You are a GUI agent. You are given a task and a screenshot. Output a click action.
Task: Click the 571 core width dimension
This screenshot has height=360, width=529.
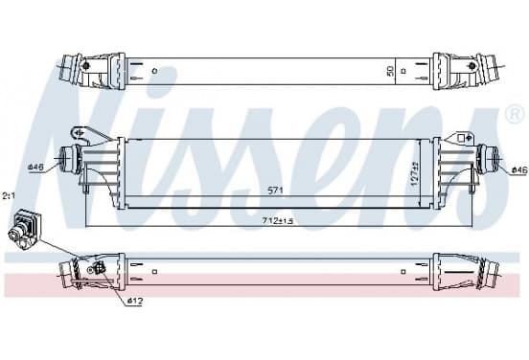pyautogui.click(x=275, y=191)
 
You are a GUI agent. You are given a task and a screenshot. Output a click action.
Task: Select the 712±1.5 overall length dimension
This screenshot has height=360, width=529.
pyautogui.click(x=277, y=221)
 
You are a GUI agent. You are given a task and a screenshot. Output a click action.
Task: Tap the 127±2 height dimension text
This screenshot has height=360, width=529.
pyautogui.click(x=415, y=173)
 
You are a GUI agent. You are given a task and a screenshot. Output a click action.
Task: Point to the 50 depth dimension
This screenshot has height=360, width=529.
pyautogui.click(x=390, y=71)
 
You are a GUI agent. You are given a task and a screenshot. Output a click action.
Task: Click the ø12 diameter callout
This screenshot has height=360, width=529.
pyautogui.click(x=136, y=301)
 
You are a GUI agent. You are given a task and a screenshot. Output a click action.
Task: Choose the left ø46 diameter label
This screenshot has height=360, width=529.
pyautogui.click(x=36, y=167)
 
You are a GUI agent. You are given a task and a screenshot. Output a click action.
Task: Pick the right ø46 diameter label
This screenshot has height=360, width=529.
pyautogui.click(x=519, y=170)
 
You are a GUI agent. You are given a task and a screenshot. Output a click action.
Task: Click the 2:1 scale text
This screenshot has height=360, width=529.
pyautogui.click(x=9, y=196)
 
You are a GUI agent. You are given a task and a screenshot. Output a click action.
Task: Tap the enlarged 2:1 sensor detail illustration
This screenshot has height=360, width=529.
pyautogui.click(x=24, y=229)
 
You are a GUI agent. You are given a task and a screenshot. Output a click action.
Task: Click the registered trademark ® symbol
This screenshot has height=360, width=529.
pyautogui.click(x=517, y=114)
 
